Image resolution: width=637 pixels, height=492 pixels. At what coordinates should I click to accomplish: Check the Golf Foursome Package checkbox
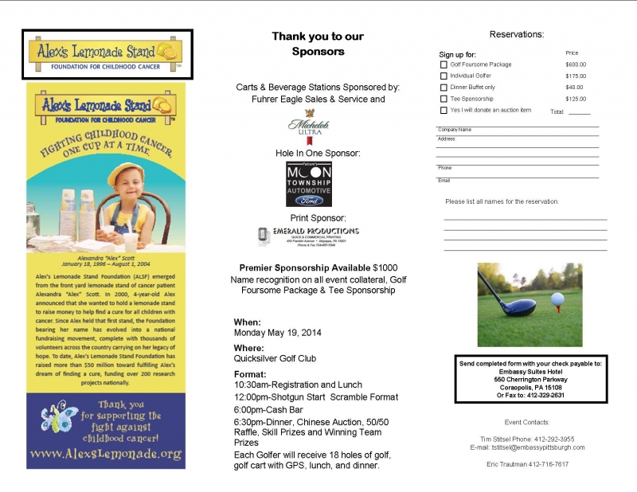point(444,64)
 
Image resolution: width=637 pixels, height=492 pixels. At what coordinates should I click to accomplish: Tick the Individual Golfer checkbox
point(444,76)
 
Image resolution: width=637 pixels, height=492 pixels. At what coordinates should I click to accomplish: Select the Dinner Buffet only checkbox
point(444,88)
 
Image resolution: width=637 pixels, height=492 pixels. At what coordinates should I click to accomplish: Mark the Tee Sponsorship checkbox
point(444,99)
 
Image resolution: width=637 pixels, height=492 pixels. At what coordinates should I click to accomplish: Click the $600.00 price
point(575,64)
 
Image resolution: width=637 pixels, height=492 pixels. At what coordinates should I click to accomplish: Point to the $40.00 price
point(573,88)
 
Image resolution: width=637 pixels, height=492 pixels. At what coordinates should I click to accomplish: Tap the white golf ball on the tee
point(557,299)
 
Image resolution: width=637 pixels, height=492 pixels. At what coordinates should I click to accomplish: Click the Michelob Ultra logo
point(308,127)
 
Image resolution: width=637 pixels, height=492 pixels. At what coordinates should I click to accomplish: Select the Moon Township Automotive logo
point(309,184)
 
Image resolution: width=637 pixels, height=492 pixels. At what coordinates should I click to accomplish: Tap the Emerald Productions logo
point(311,235)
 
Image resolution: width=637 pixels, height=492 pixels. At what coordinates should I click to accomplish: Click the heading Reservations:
point(516,34)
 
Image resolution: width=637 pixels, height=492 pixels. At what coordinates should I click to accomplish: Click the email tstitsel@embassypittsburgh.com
point(527,447)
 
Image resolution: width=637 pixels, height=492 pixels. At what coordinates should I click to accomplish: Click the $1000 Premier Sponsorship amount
point(385,267)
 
